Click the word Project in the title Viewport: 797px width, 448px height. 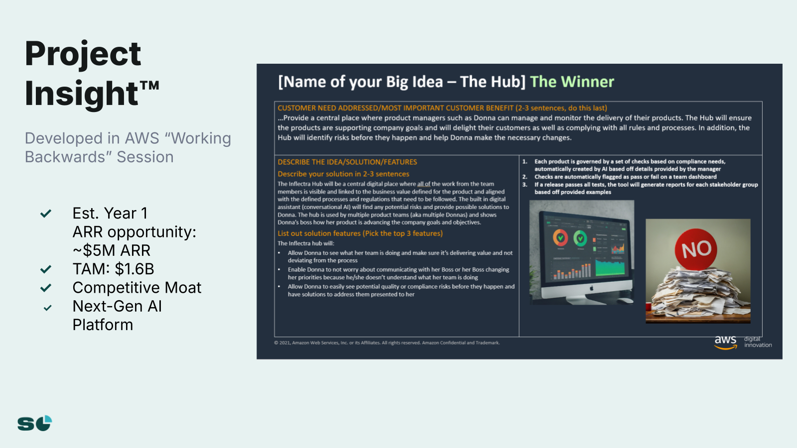pos(83,54)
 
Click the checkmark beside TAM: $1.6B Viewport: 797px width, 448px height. pos(45,269)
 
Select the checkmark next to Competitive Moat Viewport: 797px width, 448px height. pos(45,288)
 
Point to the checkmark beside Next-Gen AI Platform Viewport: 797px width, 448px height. pos(47,308)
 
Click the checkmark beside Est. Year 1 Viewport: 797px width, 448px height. pos(45,214)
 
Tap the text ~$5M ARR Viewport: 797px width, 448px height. pos(112,250)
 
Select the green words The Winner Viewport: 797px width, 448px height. pos(572,82)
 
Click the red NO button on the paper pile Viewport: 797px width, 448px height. pos(695,249)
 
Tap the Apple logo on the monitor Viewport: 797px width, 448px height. pos(591,288)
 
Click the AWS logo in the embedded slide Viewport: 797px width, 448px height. pos(725,342)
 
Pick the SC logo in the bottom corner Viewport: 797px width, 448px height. pos(35,423)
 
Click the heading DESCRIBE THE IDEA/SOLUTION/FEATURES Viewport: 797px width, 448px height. pos(347,162)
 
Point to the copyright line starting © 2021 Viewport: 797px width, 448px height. pos(387,343)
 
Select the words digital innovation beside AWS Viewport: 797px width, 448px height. pos(758,341)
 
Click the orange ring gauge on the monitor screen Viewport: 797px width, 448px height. pos(560,238)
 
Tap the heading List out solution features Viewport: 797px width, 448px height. pos(360,233)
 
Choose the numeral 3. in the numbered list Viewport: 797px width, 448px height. pos(525,185)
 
